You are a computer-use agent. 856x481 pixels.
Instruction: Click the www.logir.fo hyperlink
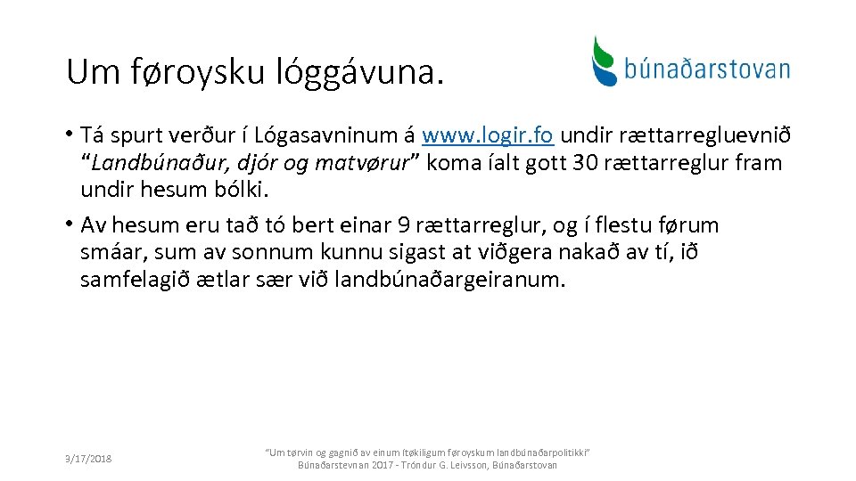click(488, 136)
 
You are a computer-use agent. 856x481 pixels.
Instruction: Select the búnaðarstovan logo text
click(707, 69)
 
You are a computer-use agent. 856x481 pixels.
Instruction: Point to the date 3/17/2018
click(88, 459)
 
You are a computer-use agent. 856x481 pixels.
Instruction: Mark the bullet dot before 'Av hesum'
click(69, 224)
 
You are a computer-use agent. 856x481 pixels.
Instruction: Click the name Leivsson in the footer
click(481, 465)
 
